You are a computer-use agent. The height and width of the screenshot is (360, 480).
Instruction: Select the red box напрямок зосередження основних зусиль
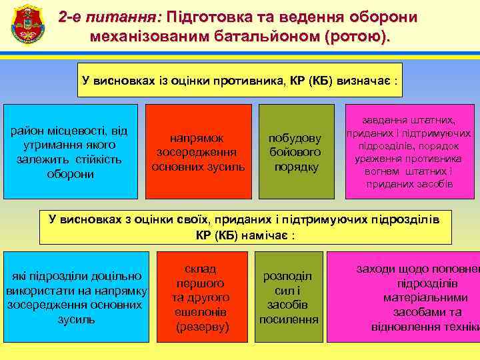tap(198, 152)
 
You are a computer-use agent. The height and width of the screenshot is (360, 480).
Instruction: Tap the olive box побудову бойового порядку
tap(295, 152)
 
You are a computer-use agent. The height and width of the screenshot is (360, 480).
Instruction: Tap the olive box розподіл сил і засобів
tap(289, 297)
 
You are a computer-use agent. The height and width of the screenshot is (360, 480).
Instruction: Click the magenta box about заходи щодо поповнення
tap(420, 297)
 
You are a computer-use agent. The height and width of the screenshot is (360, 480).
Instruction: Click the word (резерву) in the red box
tap(202, 327)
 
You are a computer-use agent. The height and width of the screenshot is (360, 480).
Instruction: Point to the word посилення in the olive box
tap(289, 319)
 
